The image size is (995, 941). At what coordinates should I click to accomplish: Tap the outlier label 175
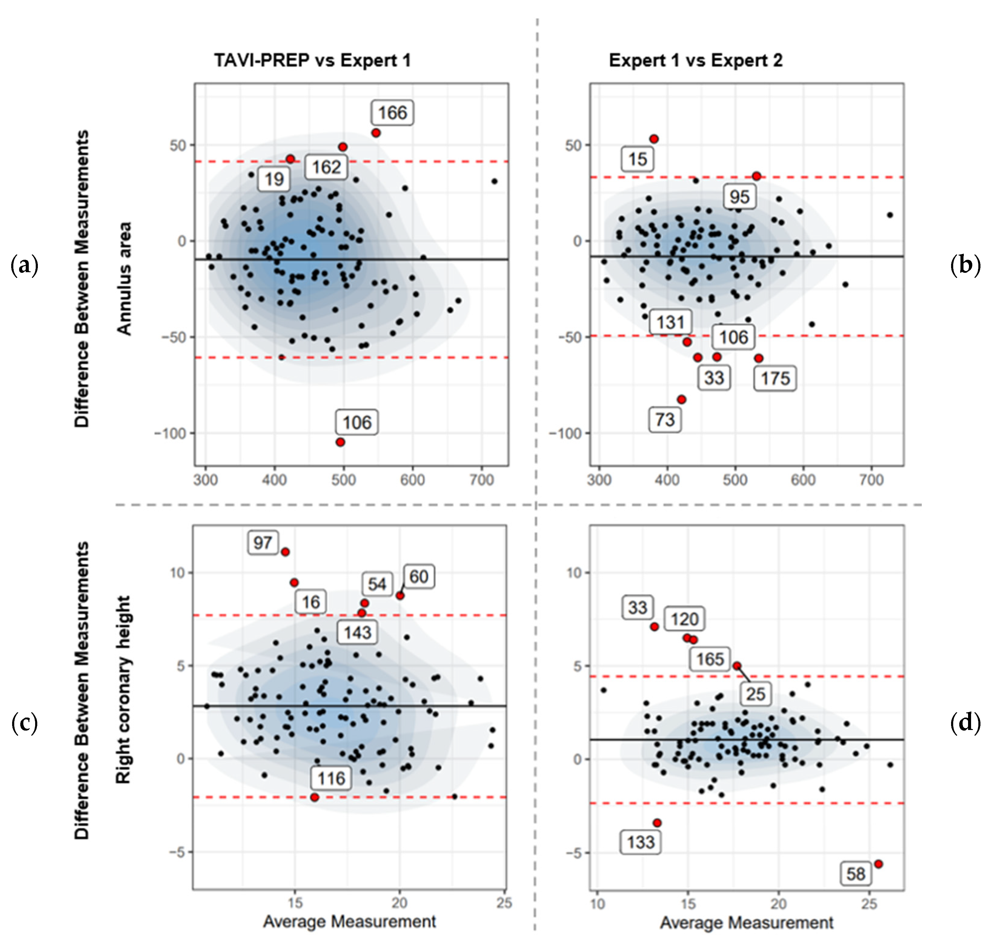[x=775, y=378]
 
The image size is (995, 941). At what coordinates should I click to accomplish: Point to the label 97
[x=262, y=543]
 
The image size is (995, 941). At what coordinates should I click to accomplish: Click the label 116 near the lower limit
[x=331, y=778]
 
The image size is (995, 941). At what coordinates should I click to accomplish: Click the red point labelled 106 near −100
[x=340, y=442]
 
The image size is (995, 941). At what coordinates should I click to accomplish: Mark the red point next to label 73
[x=681, y=400]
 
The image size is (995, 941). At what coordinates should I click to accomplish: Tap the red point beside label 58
[x=878, y=864]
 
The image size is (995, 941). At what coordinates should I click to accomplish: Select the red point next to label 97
[x=285, y=552]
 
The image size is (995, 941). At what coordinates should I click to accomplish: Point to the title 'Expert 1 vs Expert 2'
[x=695, y=60]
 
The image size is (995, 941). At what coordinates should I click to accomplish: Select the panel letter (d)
[x=965, y=723]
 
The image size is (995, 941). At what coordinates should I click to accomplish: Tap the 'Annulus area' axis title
[x=124, y=278]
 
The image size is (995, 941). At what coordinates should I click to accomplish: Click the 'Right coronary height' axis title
[x=124, y=690]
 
